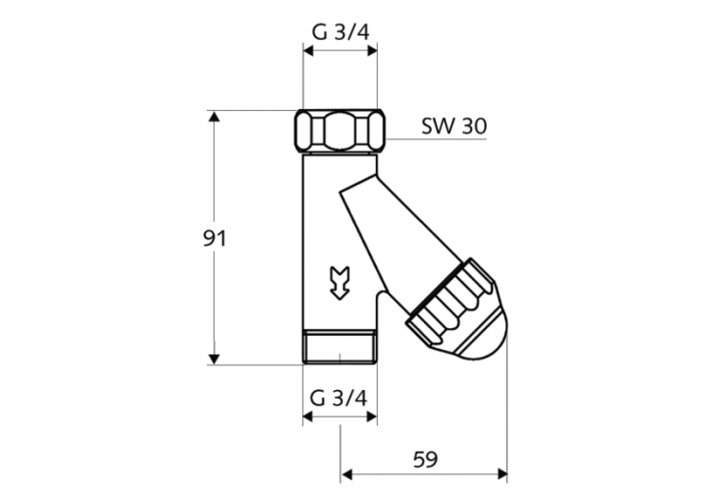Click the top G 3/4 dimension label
tap(340, 32)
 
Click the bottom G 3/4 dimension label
tap(340, 398)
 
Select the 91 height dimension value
tap(215, 238)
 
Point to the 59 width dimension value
tap(424, 459)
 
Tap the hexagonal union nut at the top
tap(340, 130)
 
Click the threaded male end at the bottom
tap(340, 348)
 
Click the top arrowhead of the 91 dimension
tap(215, 117)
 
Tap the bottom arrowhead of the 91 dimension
tap(215, 358)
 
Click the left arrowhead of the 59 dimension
tap(347, 472)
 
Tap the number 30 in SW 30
tap(474, 125)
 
